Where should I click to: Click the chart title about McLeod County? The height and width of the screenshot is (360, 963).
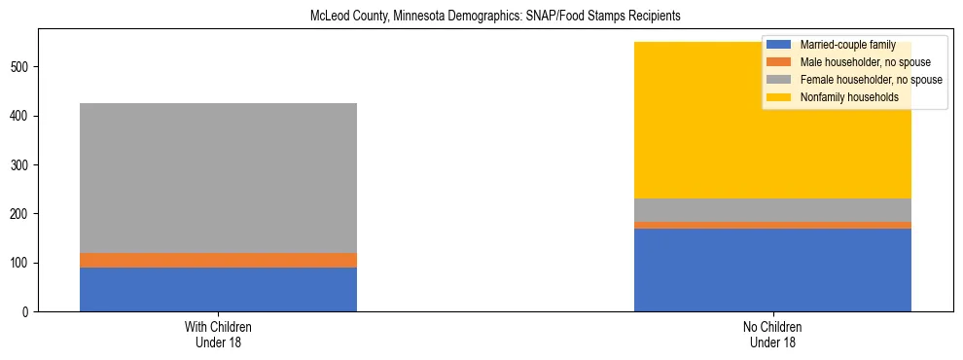click(x=481, y=17)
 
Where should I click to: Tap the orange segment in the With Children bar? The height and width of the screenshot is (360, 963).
click(x=218, y=260)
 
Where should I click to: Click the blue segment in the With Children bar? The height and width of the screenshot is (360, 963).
click(x=218, y=289)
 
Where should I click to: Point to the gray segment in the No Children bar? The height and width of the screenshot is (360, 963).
click(x=772, y=210)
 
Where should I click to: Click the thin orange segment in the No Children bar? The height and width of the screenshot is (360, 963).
click(x=772, y=225)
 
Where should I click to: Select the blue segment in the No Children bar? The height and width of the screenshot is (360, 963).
click(x=772, y=270)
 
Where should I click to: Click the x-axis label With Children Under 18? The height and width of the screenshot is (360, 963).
click(x=218, y=335)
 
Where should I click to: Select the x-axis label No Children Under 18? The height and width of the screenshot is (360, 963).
click(x=772, y=335)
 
